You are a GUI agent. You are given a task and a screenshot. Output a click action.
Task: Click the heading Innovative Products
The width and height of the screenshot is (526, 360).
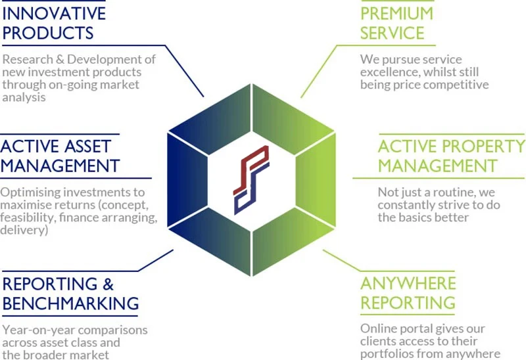[53, 22]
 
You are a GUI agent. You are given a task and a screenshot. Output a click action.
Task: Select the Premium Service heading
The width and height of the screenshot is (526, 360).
[396, 22]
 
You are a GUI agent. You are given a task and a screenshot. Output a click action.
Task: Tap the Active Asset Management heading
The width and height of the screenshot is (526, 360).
[60, 154]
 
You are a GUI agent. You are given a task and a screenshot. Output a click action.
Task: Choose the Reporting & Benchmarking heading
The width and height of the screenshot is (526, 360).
[70, 293]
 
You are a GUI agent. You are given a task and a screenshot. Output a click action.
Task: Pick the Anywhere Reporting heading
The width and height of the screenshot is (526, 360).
[408, 293]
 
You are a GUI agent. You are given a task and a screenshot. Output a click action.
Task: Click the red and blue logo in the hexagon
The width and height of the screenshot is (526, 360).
[251, 179]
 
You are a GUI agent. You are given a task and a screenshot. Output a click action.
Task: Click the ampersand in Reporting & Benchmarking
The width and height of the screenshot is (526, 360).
[107, 284]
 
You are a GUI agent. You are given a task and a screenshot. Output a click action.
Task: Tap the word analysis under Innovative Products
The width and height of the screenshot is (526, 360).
[24, 97]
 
